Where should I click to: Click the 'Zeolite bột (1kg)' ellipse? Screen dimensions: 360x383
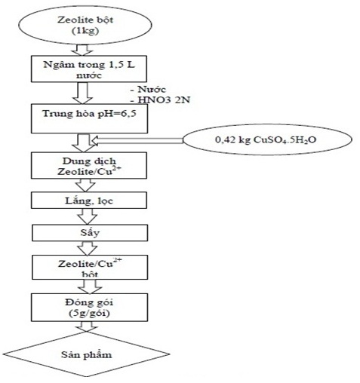[x=85, y=25]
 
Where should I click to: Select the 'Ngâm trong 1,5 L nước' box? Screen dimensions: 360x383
[x=89, y=69]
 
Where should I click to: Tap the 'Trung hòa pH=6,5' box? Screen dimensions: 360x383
[x=89, y=118]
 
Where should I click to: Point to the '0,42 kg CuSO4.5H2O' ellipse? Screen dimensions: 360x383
[x=267, y=139]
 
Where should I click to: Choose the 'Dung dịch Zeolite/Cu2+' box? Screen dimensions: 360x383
[x=89, y=165]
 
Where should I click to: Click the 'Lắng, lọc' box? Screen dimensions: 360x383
[x=89, y=201]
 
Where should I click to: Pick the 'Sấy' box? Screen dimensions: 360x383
[x=90, y=233]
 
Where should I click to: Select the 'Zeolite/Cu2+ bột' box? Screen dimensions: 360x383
[x=90, y=267]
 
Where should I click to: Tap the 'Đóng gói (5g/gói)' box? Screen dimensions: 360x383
[x=89, y=308]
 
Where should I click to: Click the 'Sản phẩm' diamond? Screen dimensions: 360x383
[x=86, y=354]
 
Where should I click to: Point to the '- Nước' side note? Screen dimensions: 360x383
[x=149, y=89]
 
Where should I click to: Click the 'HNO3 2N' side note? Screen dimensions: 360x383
[x=164, y=100]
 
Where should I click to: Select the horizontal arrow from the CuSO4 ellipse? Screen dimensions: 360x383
[x=137, y=140]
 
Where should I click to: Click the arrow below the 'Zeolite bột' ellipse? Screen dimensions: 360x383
[x=82, y=50]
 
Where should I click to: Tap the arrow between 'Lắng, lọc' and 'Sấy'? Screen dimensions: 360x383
[x=87, y=216]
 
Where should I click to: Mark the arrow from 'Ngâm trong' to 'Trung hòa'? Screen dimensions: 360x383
[x=82, y=93]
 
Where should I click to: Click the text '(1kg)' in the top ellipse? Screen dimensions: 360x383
[x=85, y=31]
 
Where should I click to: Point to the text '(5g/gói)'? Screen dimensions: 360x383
[x=89, y=314]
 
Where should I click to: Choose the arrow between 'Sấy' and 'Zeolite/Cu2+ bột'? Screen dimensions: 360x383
[x=87, y=248]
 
